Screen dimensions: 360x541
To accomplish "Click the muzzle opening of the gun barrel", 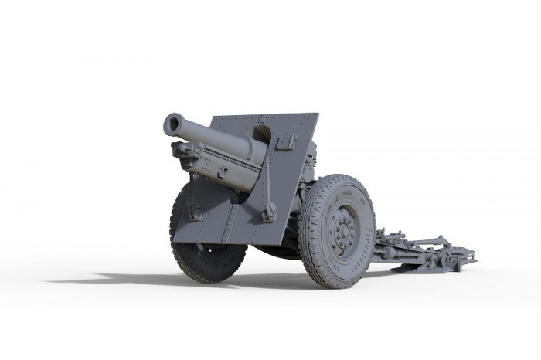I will click(x=172, y=124).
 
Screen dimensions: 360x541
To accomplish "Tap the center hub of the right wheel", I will click(x=342, y=229).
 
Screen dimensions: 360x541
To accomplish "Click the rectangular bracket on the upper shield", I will click(x=285, y=142).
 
